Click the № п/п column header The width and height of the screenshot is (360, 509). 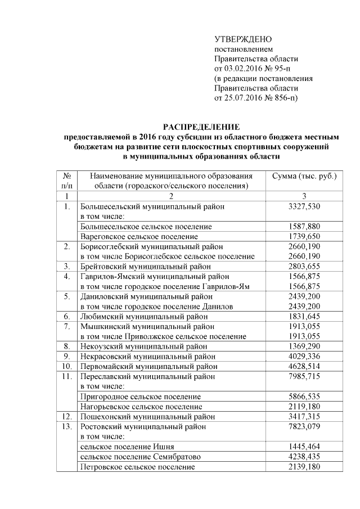pyautogui.click(x=66, y=181)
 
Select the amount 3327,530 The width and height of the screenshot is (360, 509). pyautogui.click(x=304, y=206)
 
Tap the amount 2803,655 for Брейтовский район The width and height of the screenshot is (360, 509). pyautogui.click(x=304, y=266)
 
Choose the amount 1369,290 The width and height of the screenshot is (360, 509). pyautogui.click(x=304, y=346)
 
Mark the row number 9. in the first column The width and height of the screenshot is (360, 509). pyautogui.click(x=66, y=356)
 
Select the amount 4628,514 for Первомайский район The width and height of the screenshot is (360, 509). pyautogui.click(x=304, y=366)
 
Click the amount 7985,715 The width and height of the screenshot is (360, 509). pyautogui.click(x=304, y=376)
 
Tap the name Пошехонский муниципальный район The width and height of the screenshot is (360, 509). pyautogui.click(x=147, y=416)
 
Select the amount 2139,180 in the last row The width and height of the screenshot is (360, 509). pyautogui.click(x=304, y=466)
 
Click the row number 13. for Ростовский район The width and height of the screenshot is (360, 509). pyautogui.click(x=66, y=426)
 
